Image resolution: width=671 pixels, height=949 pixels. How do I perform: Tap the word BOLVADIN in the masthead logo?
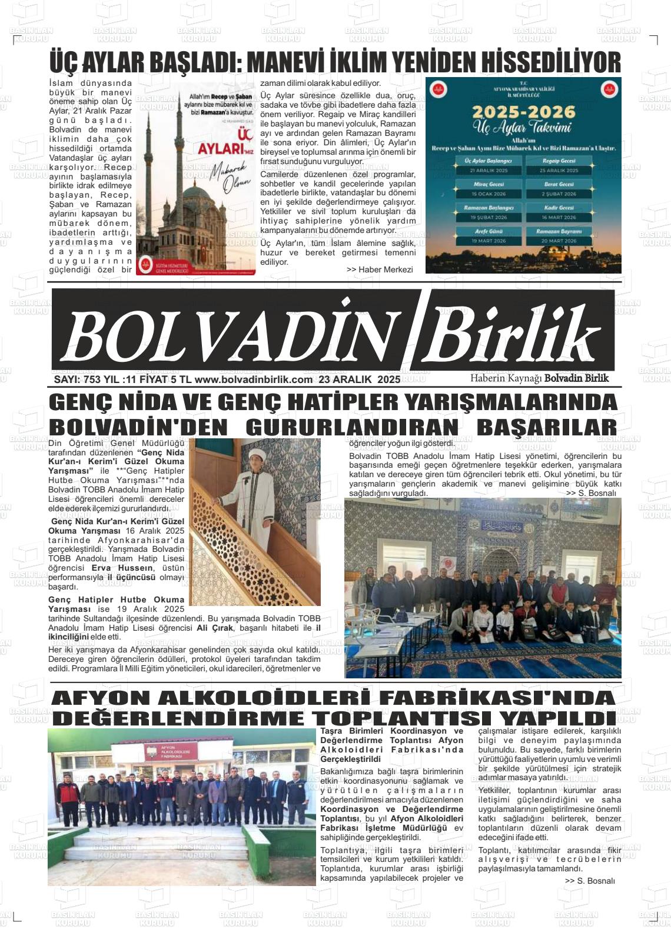coord(230,335)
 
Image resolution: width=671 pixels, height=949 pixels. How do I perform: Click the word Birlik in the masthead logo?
coord(512,335)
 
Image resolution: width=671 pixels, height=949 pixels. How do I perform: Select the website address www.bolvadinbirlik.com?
coord(253,379)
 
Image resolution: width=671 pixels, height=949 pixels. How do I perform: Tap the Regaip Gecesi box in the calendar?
coord(559,165)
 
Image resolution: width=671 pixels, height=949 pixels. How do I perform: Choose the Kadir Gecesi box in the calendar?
coord(559,212)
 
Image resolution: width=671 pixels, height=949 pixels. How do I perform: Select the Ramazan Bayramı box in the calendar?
coord(559,236)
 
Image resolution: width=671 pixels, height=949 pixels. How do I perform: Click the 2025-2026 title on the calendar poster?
coord(523,111)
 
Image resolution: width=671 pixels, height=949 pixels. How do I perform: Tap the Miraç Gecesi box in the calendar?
coord(488,189)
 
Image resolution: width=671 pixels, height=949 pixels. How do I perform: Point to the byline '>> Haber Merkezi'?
coord(380,269)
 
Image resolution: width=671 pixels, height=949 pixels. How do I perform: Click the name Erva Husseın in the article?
coord(122,568)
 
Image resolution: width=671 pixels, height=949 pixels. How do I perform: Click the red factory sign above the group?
coord(167,752)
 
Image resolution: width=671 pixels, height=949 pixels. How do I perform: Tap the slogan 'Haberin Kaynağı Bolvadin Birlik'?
coord(539,378)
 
